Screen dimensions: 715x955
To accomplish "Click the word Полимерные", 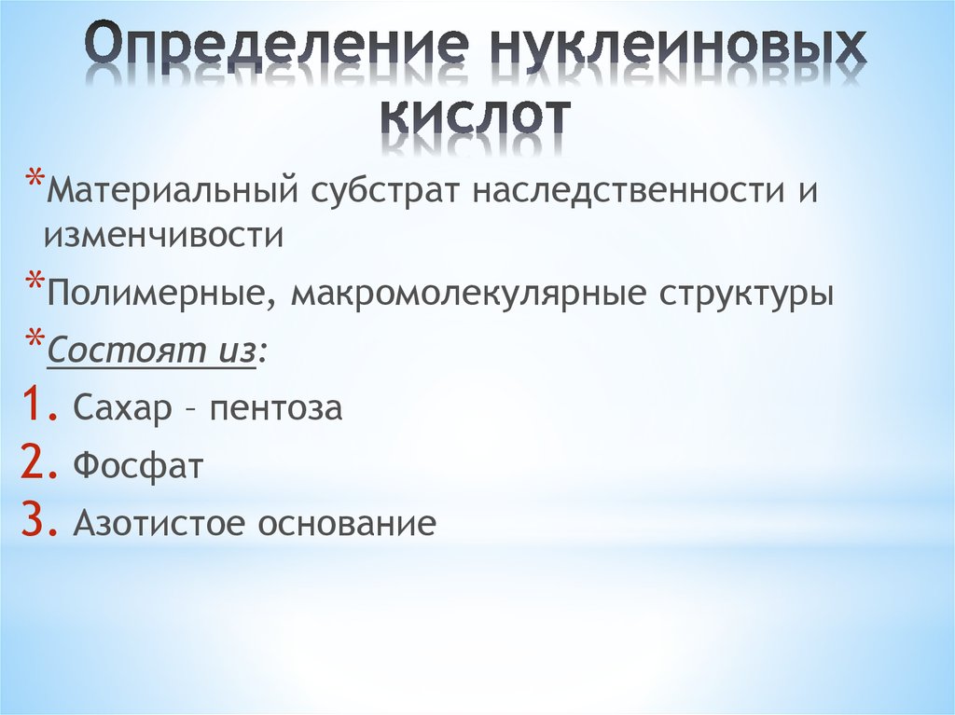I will point(155,295).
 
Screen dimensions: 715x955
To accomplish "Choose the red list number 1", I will point(30,407).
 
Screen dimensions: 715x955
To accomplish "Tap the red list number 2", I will point(32,464).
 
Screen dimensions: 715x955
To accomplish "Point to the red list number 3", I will point(32,522).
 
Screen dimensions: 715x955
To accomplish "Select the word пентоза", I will point(276,409).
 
